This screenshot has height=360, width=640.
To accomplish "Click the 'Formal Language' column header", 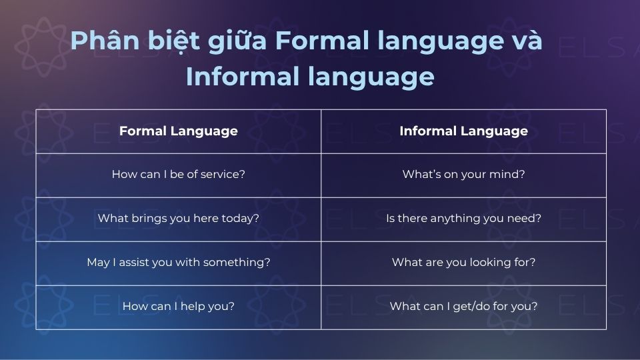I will click(x=178, y=131).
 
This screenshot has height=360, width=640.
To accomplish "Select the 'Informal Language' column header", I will click(x=463, y=131).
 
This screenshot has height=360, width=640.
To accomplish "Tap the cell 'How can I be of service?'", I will click(x=178, y=175).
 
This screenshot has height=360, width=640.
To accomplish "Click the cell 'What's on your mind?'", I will click(x=463, y=175).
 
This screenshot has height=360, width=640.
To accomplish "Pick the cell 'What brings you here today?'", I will click(x=178, y=219).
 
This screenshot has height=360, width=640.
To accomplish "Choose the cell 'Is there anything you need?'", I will click(x=463, y=219).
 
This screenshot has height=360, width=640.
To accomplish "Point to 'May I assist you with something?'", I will click(x=178, y=263).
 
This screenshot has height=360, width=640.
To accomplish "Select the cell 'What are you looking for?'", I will click(x=463, y=263).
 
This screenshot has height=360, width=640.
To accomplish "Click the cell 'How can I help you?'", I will click(x=178, y=307).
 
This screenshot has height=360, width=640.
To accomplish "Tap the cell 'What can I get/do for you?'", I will click(x=463, y=307).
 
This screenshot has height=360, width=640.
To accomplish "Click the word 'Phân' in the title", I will click(x=99, y=41).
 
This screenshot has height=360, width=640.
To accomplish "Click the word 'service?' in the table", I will click(x=223, y=175).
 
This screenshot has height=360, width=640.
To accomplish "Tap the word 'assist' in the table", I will click(x=131, y=263).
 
